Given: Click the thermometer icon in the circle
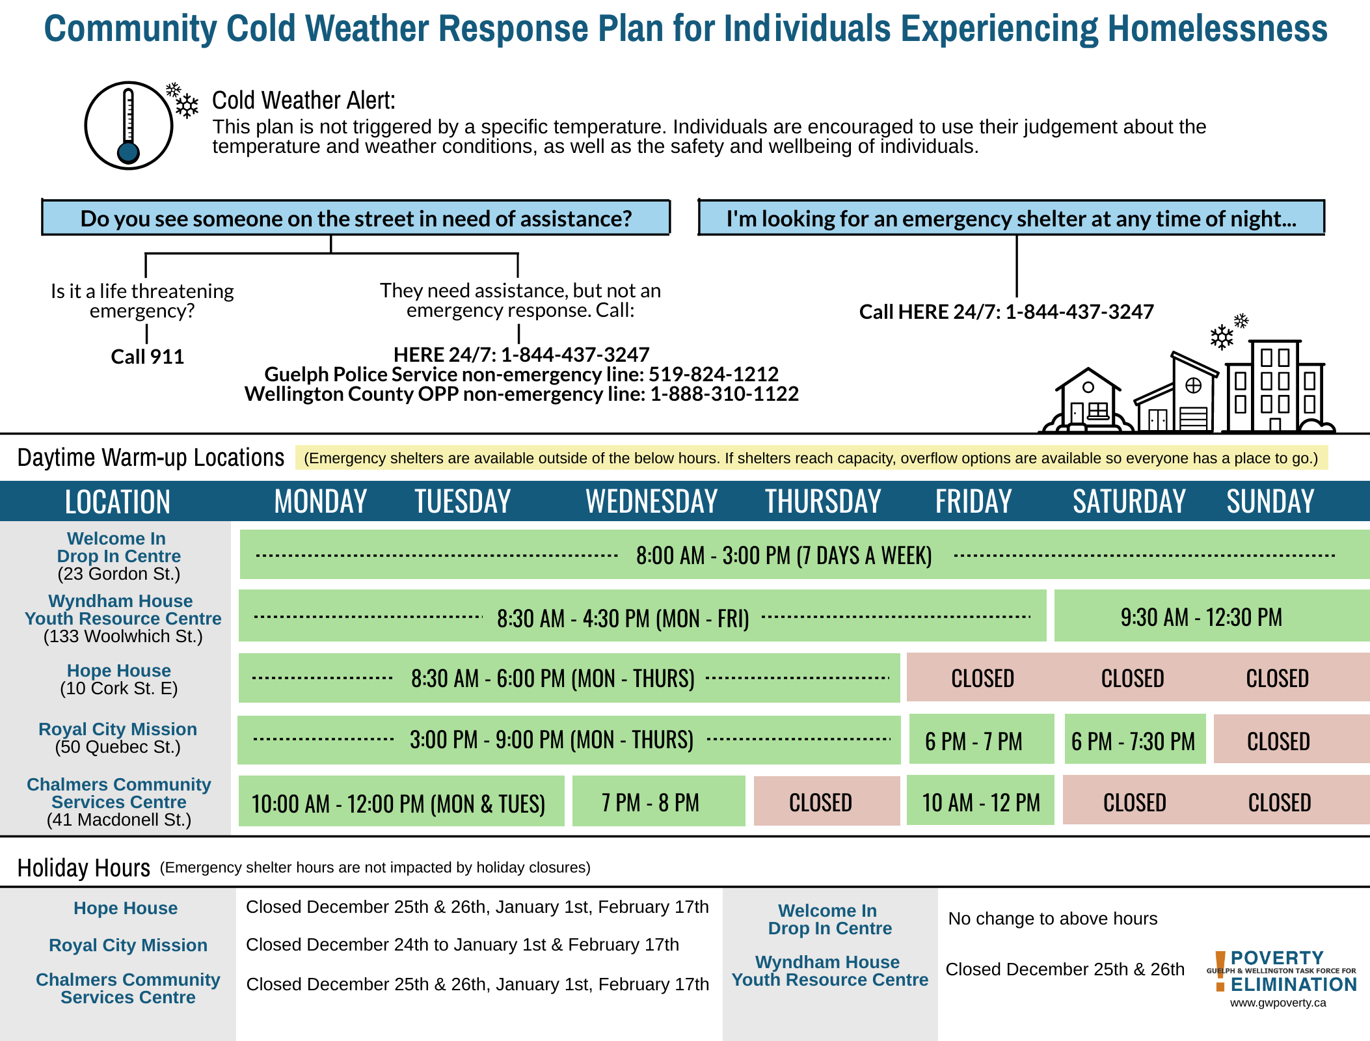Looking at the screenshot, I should point(129,126).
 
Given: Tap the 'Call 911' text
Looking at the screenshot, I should point(148,357).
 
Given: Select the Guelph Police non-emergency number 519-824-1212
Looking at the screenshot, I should point(714,374).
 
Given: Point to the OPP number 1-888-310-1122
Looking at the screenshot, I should point(724,394).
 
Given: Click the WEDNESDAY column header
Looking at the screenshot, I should point(651,502).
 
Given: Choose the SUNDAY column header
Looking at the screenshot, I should point(1270,502).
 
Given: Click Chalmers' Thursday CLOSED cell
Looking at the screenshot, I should point(820,802).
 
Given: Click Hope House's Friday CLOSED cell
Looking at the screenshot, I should point(982,678).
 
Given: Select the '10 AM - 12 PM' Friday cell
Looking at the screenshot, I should point(981,802).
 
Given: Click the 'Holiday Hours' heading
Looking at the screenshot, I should point(84,868).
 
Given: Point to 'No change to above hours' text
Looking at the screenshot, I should point(1053,918).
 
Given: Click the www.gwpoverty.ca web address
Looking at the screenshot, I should point(1278,1003).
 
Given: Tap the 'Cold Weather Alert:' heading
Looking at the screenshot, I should point(304,101).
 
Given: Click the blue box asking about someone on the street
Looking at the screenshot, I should point(356,219).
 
